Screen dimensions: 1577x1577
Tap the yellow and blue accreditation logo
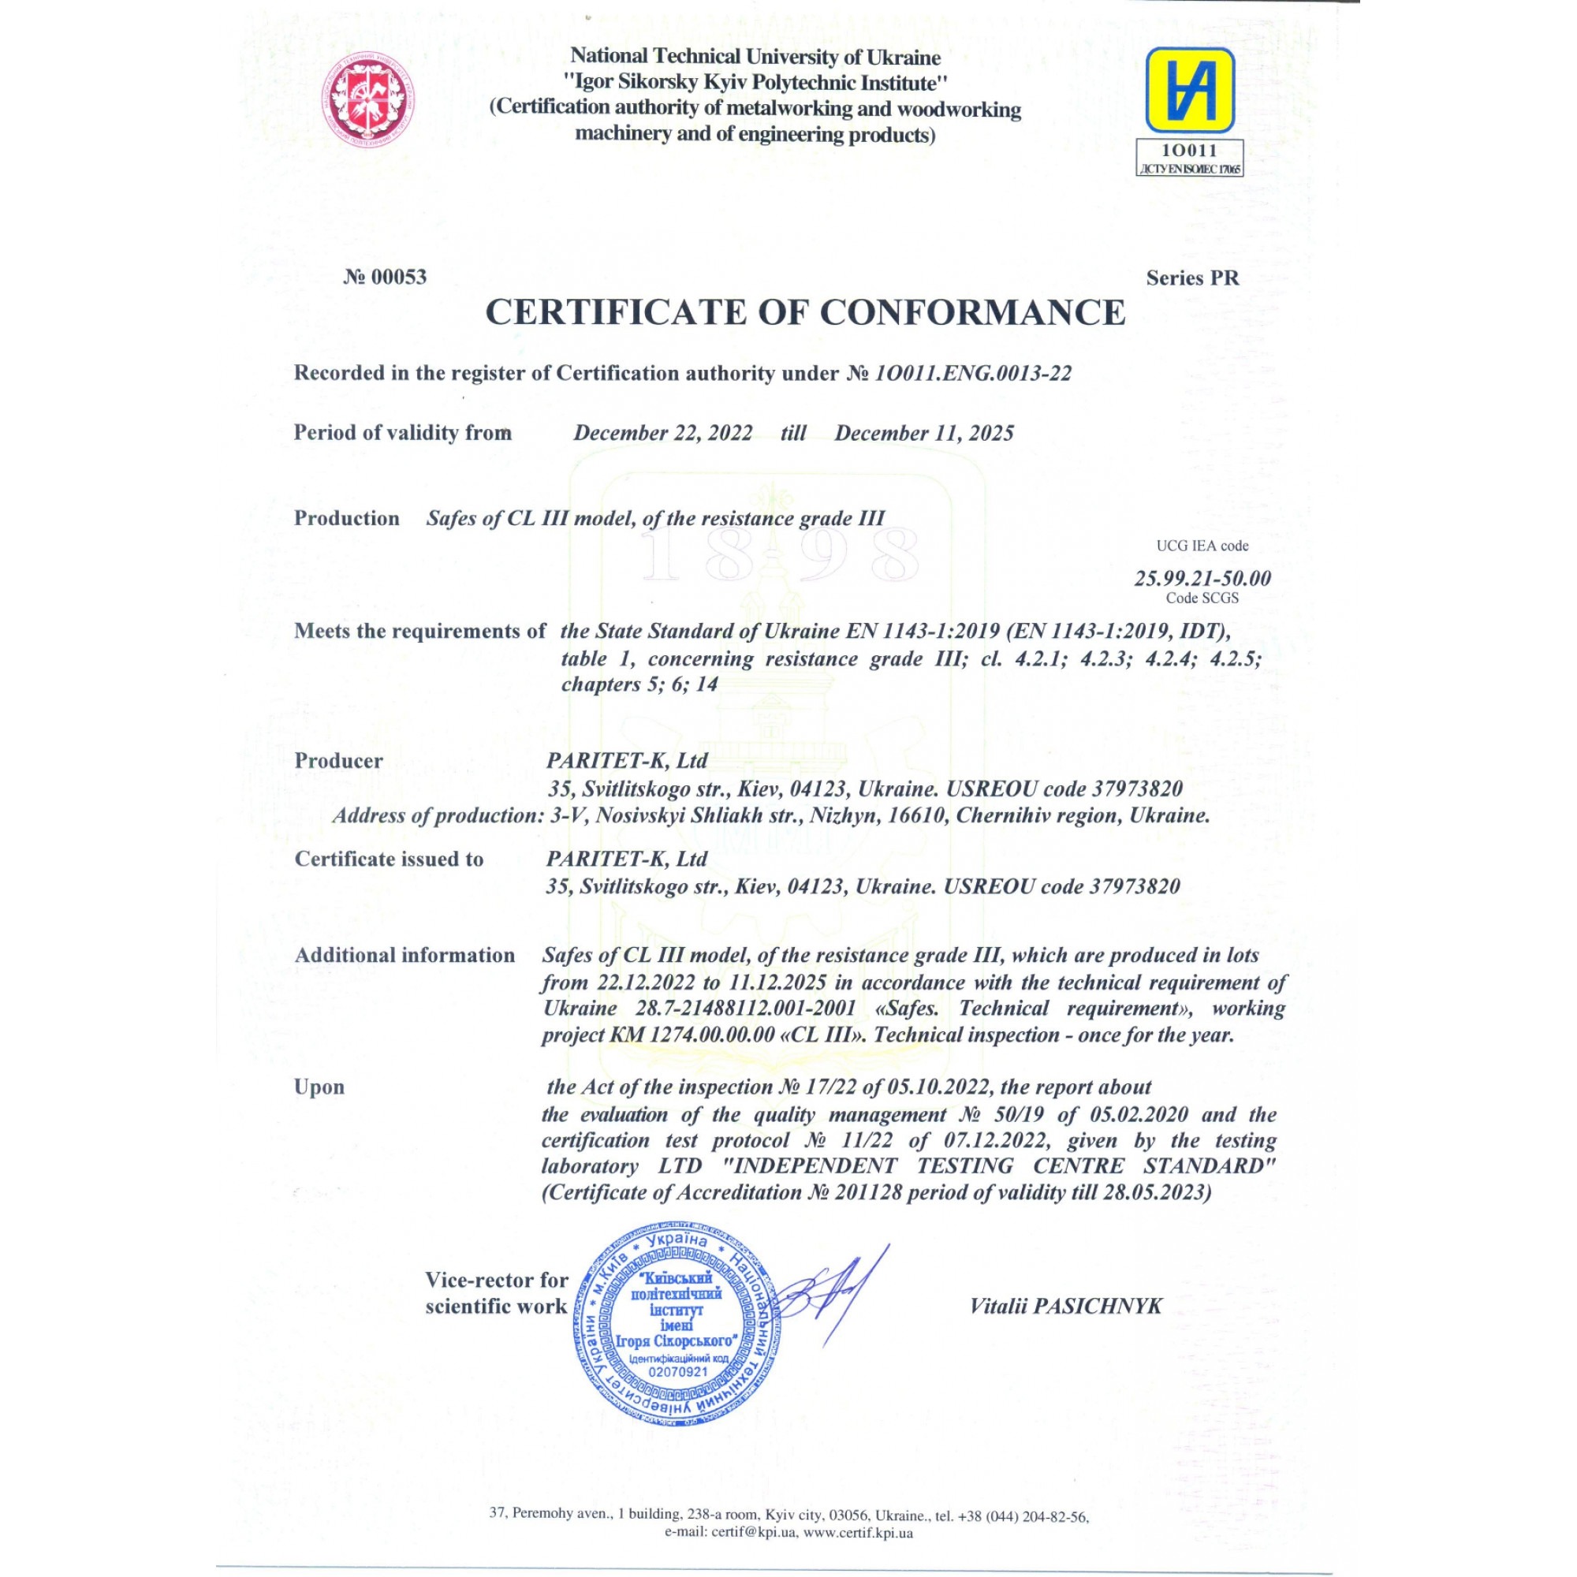(x=1189, y=90)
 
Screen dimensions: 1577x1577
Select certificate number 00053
(x=386, y=277)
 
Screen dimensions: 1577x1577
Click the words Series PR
(x=1191, y=278)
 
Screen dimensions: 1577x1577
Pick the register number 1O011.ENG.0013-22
(x=972, y=373)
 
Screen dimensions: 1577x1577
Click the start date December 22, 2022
(x=663, y=433)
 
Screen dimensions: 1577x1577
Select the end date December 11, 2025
(x=924, y=433)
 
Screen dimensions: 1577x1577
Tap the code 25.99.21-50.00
(x=1202, y=578)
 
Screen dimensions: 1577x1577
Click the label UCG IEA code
(x=1202, y=546)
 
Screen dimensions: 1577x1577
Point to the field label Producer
(x=339, y=761)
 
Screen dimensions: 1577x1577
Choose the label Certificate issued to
(x=390, y=859)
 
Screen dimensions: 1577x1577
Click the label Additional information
(x=405, y=955)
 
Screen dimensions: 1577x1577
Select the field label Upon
(x=319, y=1087)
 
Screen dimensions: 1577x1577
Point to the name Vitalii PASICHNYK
(x=1065, y=1306)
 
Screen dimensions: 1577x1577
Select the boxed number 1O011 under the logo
(x=1189, y=150)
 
